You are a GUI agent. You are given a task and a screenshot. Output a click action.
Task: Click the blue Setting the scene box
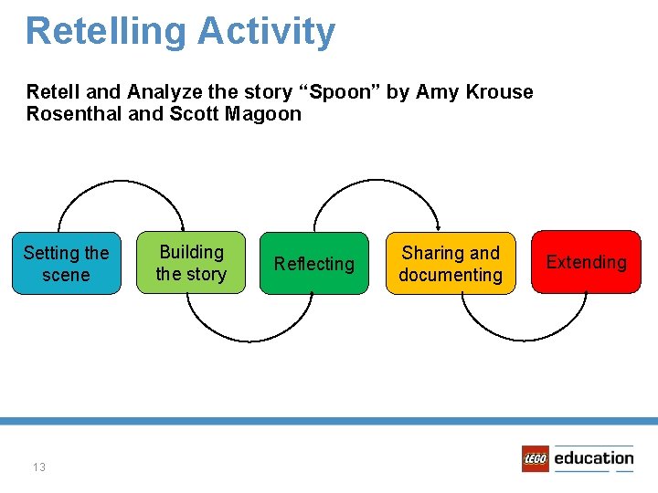66,263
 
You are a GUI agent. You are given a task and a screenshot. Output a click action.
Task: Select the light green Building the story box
191,262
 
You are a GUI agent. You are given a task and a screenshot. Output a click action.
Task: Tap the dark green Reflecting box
313,263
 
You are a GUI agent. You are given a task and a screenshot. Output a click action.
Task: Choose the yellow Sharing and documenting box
451,263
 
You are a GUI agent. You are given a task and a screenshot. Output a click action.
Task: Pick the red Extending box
586,262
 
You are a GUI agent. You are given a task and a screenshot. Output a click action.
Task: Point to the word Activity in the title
266,31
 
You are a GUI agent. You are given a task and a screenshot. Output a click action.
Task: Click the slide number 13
38,467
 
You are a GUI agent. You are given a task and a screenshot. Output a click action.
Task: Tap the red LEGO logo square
535,458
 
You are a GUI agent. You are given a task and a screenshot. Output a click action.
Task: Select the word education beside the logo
593,458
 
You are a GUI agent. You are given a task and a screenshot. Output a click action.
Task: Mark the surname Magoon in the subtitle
264,114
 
